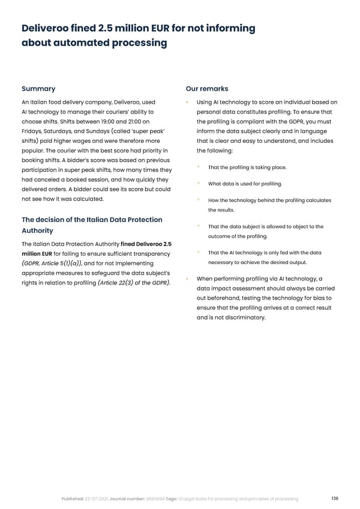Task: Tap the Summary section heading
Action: (x=38, y=89)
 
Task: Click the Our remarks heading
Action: (x=208, y=89)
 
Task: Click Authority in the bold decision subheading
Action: (x=37, y=230)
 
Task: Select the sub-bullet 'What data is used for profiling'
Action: (x=245, y=184)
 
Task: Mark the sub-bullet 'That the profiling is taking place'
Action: (x=247, y=167)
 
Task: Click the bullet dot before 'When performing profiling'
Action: (x=188, y=279)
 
